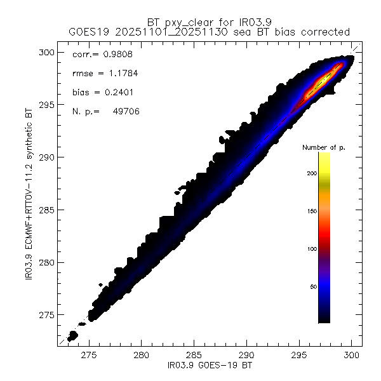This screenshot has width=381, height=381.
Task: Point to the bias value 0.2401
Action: [x=119, y=92]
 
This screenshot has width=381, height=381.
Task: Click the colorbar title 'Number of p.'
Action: [x=324, y=147]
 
